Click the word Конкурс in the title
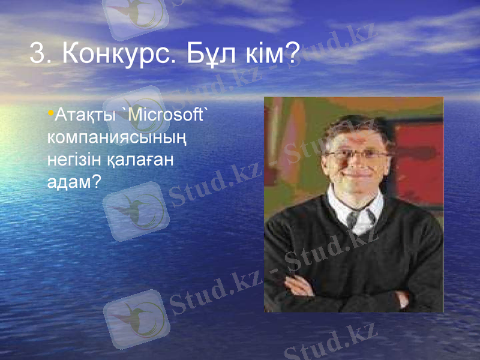(x=114, y=55)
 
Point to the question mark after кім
(x=293, y=55)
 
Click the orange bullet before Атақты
(x=50, y=113)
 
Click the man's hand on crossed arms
(x=300, y=287)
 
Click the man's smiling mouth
(x=355, y=176)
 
